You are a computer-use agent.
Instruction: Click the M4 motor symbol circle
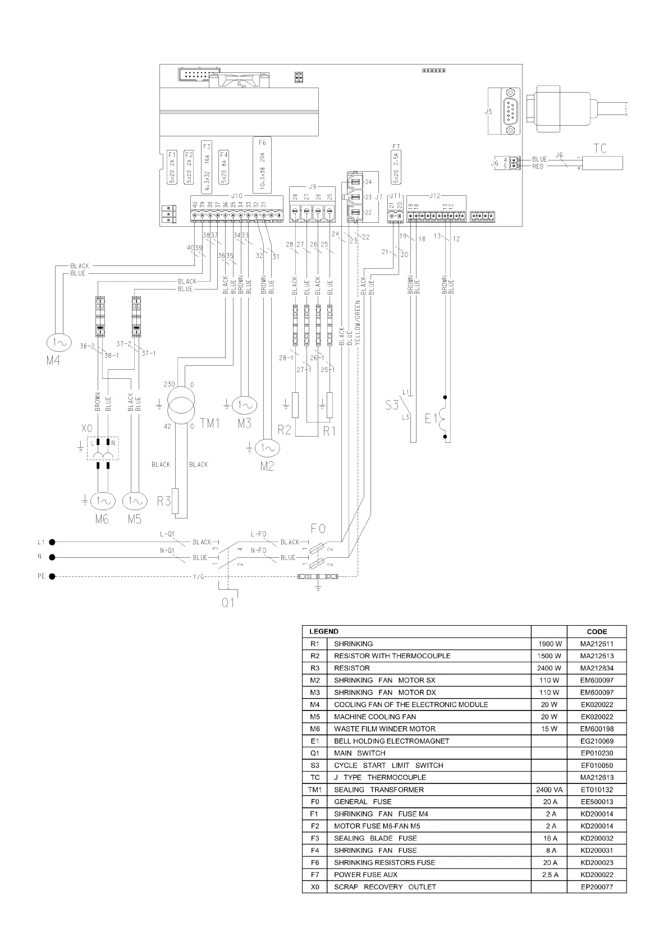coord(56,342)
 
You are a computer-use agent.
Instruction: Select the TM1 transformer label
coord(210,423)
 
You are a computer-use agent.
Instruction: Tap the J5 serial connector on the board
coord(510,112)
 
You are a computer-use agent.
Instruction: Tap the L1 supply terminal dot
coord(52,542)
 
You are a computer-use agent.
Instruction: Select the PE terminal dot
coord(52,576)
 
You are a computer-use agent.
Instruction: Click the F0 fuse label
coord(318,529)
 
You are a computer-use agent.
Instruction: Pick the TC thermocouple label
coord(600,149)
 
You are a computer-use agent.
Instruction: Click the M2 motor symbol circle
coord(266,448)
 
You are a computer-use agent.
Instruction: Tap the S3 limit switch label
coord(392,404)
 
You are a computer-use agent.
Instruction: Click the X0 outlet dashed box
coord(103,448)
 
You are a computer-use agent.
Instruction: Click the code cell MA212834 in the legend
coord(597,668)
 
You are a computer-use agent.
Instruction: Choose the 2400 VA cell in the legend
coord(549,790)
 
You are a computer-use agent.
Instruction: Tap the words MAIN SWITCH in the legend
coord(359,753)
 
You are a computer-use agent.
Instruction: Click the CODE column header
coord(597,631)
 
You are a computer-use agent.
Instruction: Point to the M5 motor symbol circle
coord(135,501)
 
